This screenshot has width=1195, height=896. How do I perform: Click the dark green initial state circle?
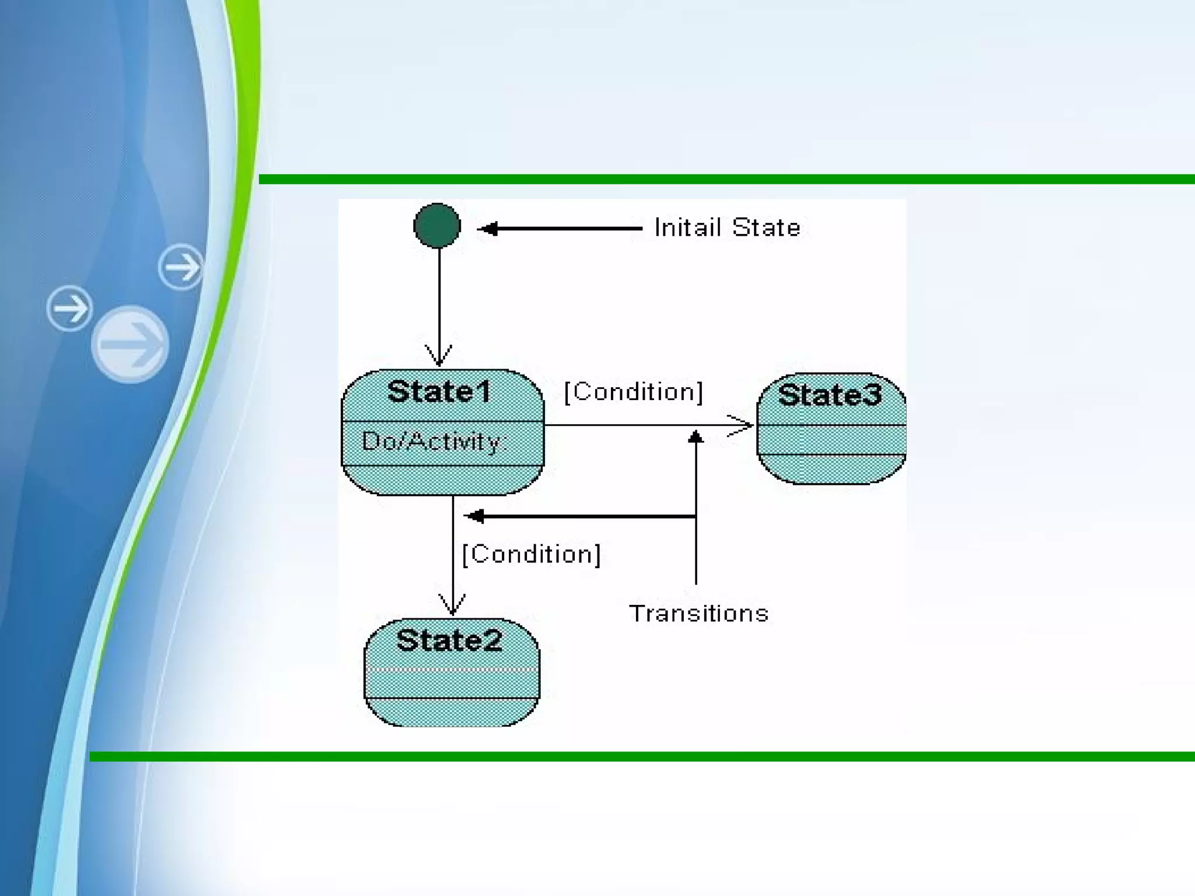coord(437,226)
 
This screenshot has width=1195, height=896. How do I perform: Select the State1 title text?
coord(439,391)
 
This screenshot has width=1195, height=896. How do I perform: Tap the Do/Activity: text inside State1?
coord(432,442)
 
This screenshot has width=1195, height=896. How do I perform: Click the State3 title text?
coord(830,395)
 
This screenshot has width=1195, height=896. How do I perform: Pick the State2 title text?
coord(449,640)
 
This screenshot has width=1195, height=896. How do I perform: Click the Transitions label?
coord(698,614)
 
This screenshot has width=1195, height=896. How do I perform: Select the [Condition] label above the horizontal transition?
coord(633,392)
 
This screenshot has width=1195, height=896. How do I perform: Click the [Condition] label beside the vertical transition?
coord(531,554)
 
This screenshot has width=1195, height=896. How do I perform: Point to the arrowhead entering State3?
coord(742,426)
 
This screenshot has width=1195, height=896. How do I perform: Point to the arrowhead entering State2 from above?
coord(452,605)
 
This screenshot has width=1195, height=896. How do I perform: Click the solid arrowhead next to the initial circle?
coord(488,229)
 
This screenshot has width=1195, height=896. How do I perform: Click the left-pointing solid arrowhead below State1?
coord(474,516)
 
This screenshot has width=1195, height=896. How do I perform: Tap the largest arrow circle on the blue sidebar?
coord(130,344)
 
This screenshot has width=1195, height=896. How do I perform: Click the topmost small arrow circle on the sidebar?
coord(181,267)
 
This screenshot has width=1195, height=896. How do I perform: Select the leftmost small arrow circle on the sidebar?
coord(69,309)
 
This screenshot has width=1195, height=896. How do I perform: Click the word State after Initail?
coord(766,228)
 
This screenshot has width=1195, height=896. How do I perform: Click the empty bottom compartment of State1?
coord(442,480)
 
